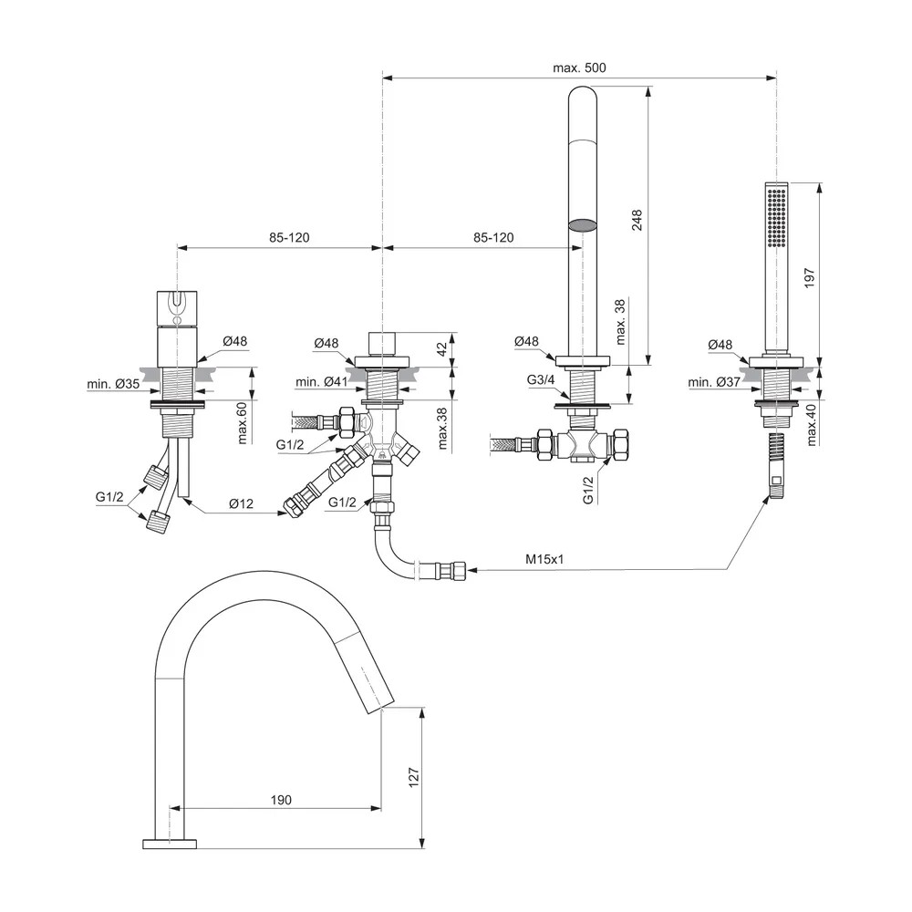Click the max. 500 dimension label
pos(579,67)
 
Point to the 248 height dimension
pos(637,222)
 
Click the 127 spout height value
pos(413,777)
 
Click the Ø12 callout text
pos(242,504)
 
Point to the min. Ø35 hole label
pos(114,385)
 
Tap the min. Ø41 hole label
pos(321,381)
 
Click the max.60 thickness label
pos(243,421)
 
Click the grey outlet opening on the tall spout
pos(582,224)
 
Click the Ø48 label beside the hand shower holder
pos(720,345)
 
